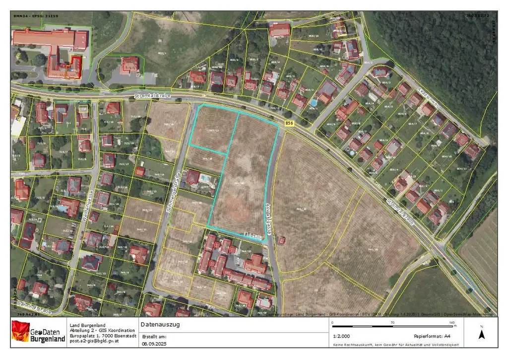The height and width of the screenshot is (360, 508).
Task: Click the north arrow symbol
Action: (481, 333)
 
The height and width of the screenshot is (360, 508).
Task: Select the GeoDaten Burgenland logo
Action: (39, 332)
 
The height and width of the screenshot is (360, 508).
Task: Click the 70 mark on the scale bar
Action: (392, 323)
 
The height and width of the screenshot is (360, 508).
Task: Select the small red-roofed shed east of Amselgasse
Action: (282, 241)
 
